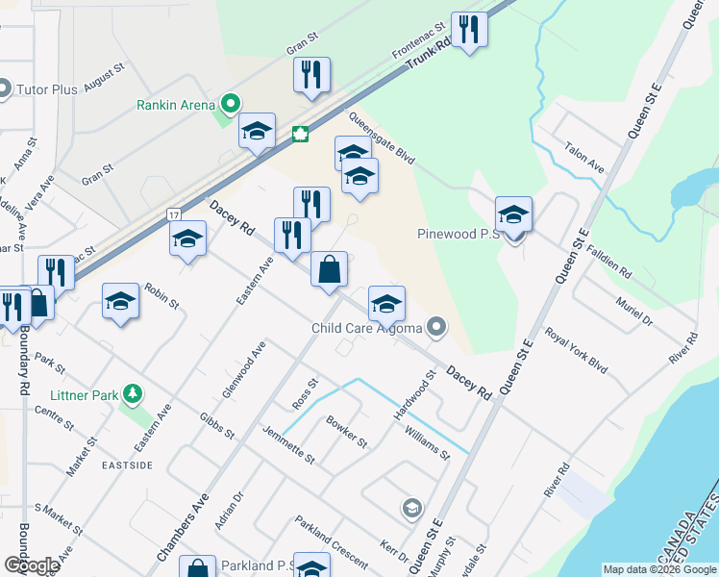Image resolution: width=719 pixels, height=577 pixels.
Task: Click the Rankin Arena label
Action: pyautogui.click(x=175, y=105)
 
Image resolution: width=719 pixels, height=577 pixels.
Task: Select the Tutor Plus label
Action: pyautogui.click(x=47, y=90)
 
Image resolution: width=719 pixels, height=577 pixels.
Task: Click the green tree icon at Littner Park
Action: pyautogui.click(x=134, y=394)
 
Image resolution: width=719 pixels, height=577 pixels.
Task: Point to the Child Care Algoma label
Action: pyautogui.click(x=367, y=329)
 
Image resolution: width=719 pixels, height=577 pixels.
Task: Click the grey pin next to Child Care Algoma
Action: pyautogui.click(x=437, y=328)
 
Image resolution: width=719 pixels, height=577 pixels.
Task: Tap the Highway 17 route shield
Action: pyautogui.click(x=173, y=212)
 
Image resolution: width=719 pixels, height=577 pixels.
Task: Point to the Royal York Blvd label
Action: pyautogui.click(x=577, y=351)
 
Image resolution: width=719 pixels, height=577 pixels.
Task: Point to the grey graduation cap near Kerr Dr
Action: pyautogui.click(x=411, y=508)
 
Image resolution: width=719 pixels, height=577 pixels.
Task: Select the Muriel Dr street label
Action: pyautogui.click(x=634, y=310)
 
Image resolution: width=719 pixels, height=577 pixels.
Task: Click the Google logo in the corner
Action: pyautogui.click(x=31, y=564)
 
